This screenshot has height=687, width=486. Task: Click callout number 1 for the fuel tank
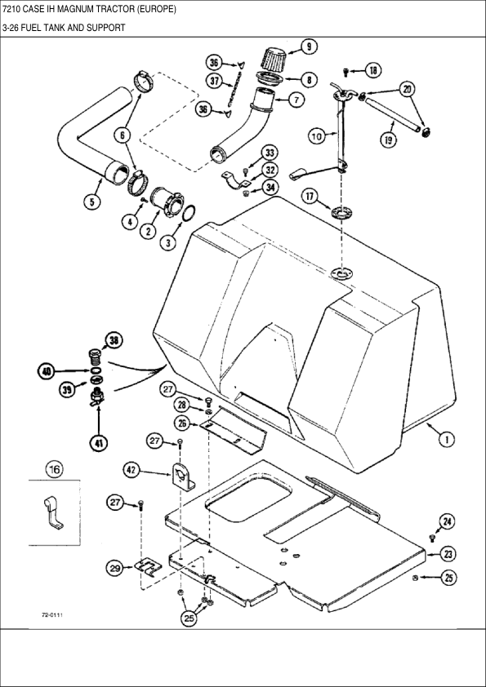(448, 439)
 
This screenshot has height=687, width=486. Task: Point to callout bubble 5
(95, 202)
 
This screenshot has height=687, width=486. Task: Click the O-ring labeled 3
(187, 215)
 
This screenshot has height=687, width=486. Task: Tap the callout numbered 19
(390, 140)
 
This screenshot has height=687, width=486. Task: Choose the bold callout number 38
(114, 341)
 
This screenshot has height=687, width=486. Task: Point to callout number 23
(448, 554)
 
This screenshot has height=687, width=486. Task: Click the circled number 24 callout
(447, 521)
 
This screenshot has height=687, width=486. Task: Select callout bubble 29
(115, 567)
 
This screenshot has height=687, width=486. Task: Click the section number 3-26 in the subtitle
(12, 28)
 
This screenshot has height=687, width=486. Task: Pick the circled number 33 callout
(270, 153)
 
